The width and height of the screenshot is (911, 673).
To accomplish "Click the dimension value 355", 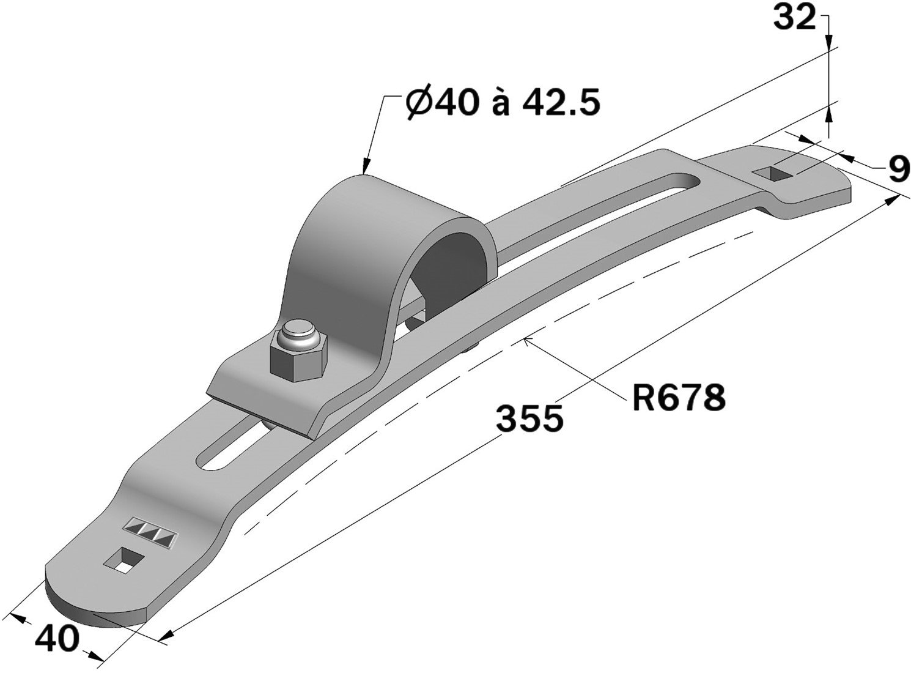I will point(529,418).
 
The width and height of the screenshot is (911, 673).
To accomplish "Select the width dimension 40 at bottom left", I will point(57,639).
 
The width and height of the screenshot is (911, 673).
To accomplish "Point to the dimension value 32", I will point(794,19).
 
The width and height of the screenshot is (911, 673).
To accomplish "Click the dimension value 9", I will point(897,169).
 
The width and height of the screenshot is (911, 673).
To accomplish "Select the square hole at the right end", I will point(773,173).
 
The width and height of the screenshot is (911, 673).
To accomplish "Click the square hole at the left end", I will point(125,560).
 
